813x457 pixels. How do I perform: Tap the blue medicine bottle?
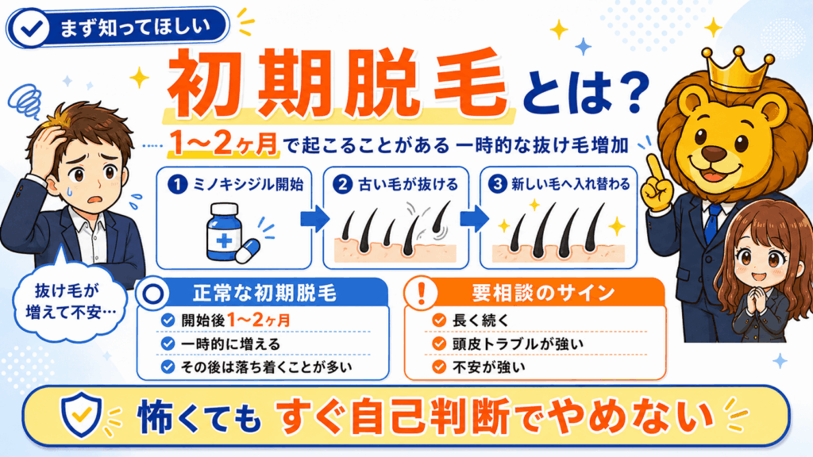point(224,232)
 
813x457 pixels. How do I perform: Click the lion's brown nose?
point(714,153)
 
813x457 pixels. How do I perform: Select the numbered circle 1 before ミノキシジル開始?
point(177,184)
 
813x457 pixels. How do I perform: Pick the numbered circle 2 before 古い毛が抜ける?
point(342,184)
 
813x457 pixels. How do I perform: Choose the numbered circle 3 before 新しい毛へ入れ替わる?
point(497,184)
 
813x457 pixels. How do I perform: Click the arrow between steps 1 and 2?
point(314,218)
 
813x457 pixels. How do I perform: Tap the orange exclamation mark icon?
point(421,293)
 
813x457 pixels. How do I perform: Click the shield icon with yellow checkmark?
point(82,414)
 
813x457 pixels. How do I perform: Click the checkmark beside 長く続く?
point(439,321)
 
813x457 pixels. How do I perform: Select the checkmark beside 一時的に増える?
point(168,344)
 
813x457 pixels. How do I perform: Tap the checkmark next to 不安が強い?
point(439,367)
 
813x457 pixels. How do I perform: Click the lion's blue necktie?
point(714,223)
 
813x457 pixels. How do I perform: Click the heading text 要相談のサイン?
point(542,294)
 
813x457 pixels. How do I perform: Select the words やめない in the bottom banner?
point(629,416)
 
